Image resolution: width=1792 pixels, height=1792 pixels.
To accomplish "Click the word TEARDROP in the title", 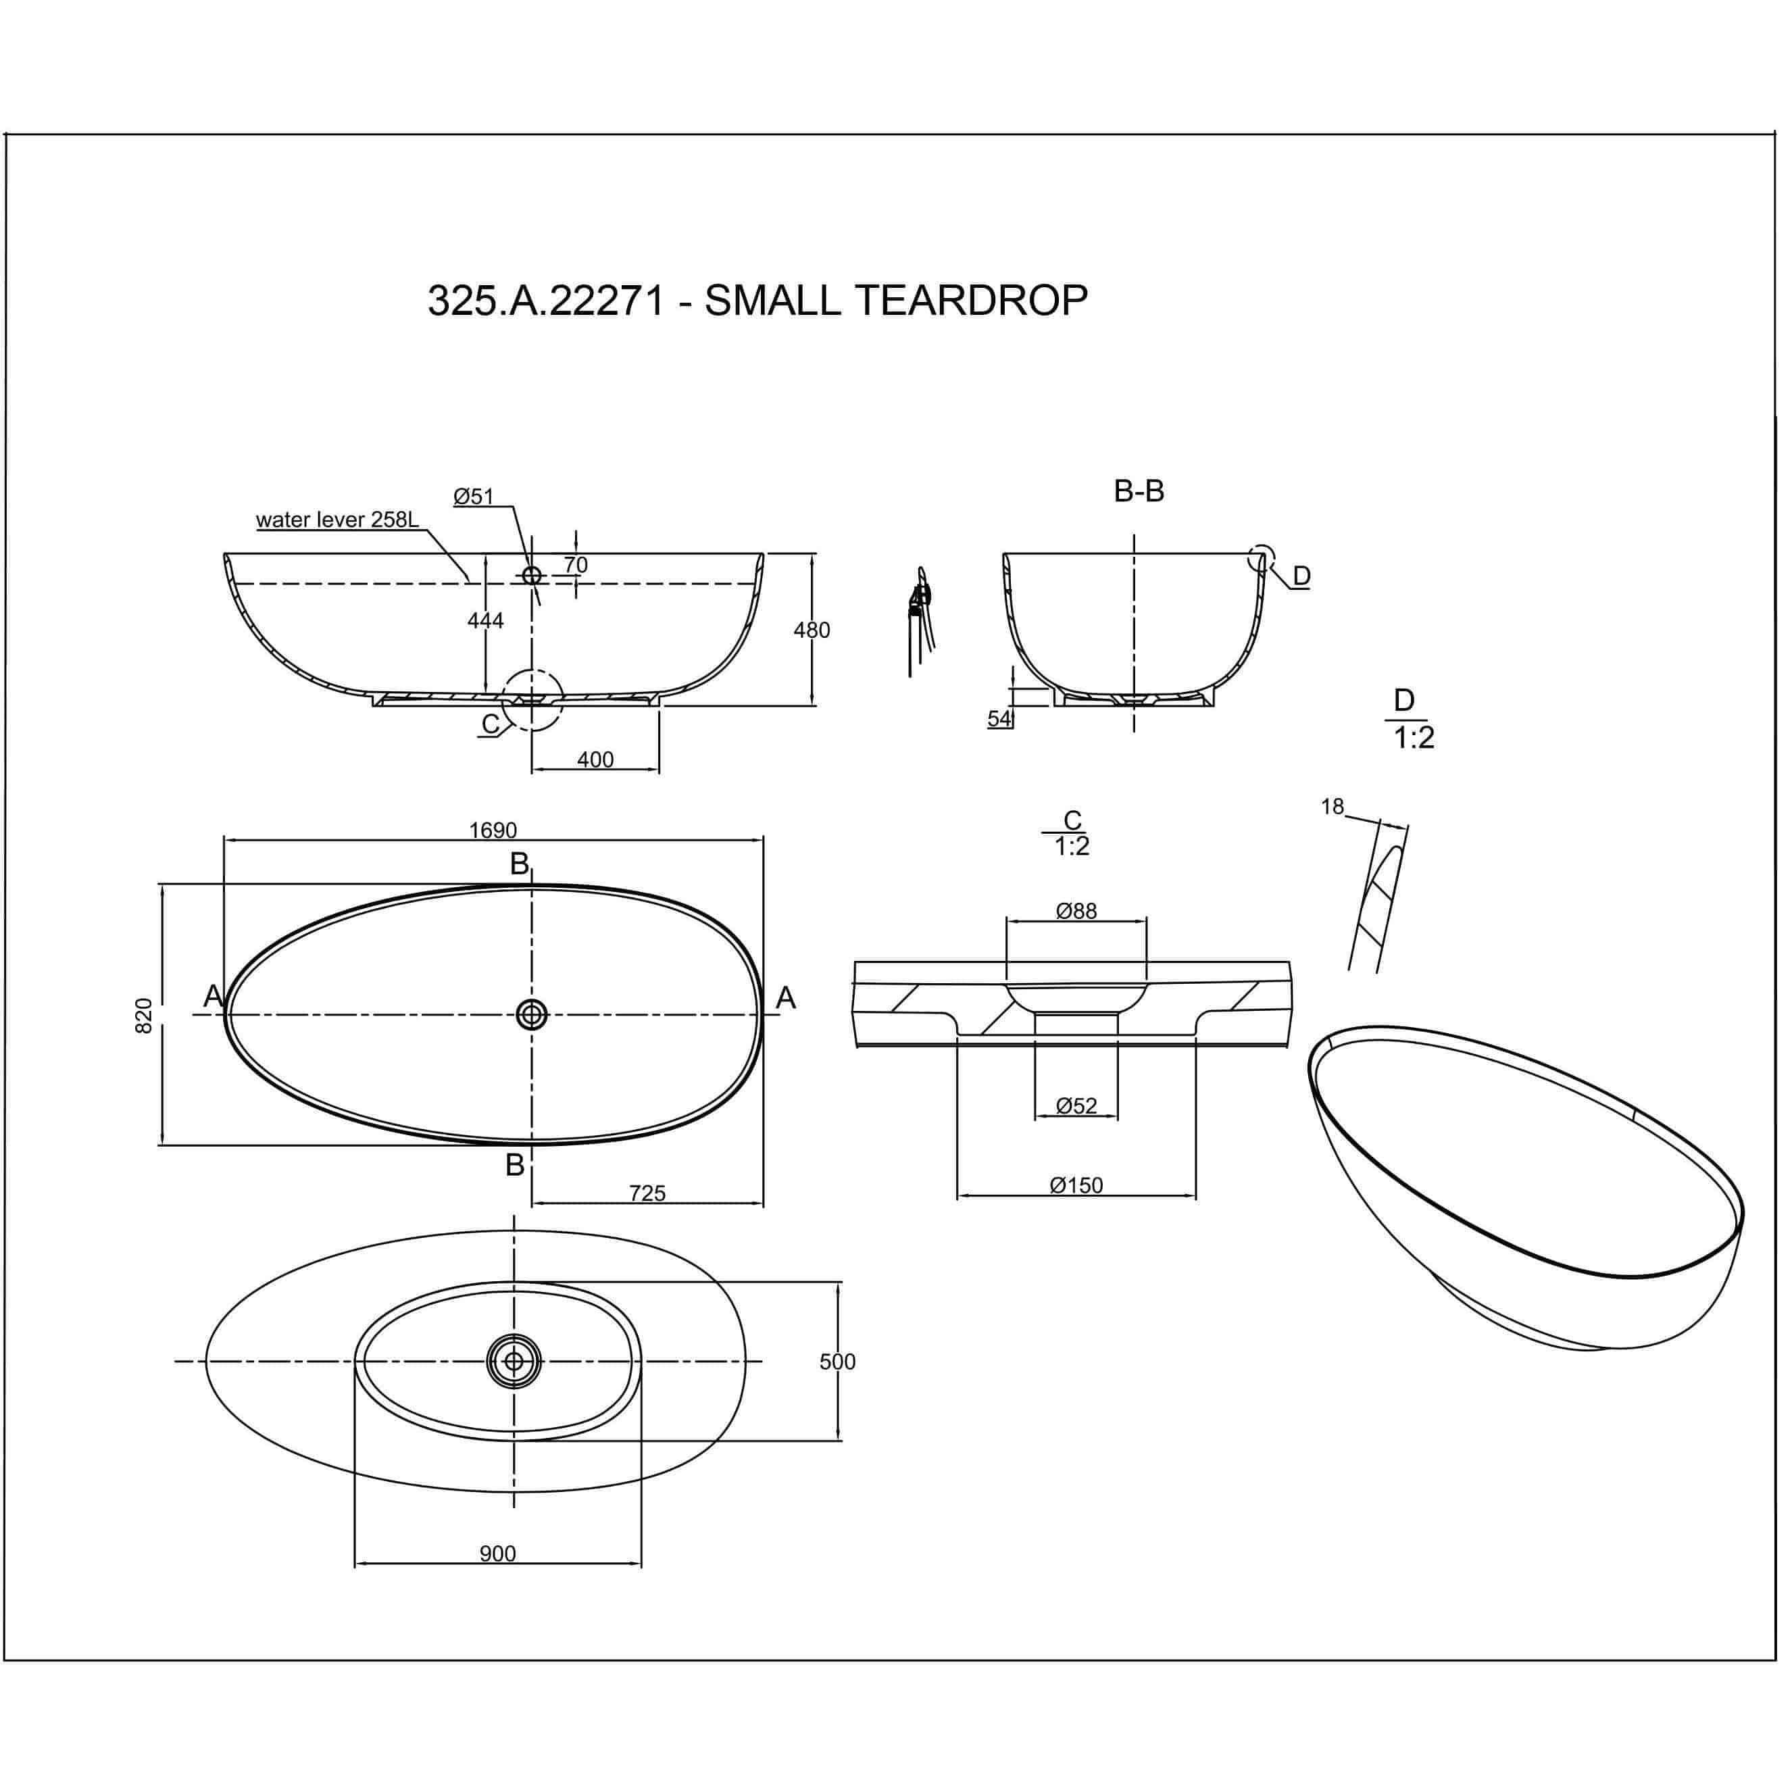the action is click(x=970, y=301).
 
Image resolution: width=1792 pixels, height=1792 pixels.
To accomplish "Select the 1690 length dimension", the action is click(x=493, y=830).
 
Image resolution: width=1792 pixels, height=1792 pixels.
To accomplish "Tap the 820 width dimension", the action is click(x=144, y=1016).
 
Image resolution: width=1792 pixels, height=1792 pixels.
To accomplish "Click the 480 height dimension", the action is click(x=812, y=630).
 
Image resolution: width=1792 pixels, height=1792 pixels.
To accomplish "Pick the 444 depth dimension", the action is click(x=485, y=620).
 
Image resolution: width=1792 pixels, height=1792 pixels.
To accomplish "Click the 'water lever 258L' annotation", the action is click(x=338, y=520).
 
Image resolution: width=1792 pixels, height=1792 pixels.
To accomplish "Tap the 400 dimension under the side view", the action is click(x=595, y=760).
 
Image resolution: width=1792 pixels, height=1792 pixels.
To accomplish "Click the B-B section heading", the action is click(x=1139, y=491).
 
